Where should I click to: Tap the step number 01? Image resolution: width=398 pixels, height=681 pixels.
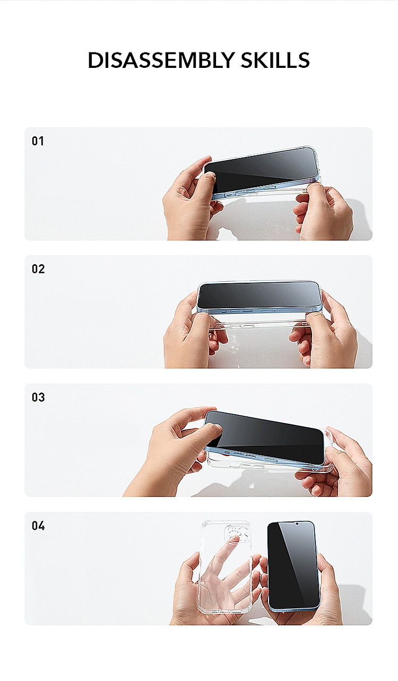click(x=38, y=141)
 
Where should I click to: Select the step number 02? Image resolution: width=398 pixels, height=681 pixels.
click(x=38, y=269)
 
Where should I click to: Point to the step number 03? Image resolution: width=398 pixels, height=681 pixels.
click(x=38, y=397)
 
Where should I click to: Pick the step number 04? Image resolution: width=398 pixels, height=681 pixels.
click(x=38, y=526)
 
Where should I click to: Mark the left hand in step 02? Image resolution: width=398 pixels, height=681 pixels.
click(x=183, y=339)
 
